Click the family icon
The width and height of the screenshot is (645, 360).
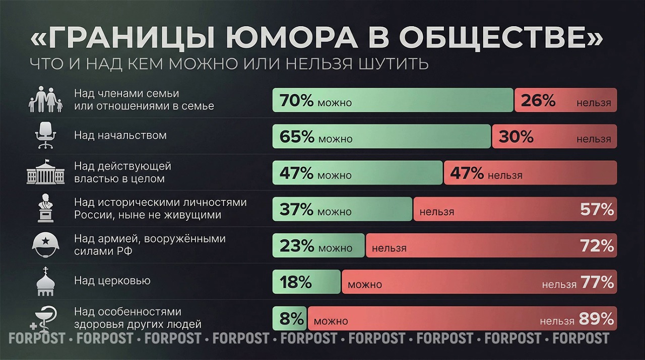(45, 99)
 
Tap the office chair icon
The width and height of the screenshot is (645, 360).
(45, 136)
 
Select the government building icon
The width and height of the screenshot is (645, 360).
(45, 172)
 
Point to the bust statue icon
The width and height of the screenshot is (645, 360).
(45, 208)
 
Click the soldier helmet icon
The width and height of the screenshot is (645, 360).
(45, 245)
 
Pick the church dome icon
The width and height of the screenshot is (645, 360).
(45, 281)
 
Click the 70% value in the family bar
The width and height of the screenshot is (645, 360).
(297, 101)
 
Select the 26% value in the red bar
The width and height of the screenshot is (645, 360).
(538, 101)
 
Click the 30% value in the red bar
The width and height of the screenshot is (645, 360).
(516, 137)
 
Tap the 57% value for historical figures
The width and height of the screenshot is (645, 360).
(597, 209)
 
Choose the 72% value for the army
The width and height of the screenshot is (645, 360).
(597, 246)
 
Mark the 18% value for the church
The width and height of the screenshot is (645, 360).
(296, 282)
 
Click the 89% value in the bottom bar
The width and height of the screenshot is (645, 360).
(596, 319)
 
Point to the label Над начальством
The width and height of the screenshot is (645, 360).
(120, 135)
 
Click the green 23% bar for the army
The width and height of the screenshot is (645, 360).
(318, 246)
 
